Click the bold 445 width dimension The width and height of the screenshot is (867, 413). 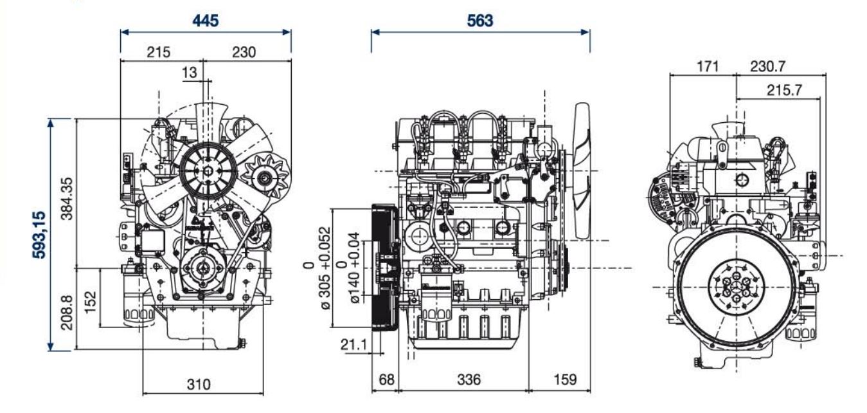(206, 20)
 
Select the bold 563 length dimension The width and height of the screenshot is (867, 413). (480, 20)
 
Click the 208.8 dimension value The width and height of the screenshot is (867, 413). (66, 309)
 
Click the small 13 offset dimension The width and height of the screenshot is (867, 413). (190, 73)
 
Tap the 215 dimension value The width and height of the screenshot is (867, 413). (158, 53)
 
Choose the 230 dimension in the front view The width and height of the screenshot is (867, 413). (243, 53)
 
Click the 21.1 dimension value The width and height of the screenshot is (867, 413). (353, 345)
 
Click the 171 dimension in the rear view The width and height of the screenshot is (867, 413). (705, 66)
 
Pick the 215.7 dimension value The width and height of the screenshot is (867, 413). (784, 90)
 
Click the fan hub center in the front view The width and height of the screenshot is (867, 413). (206, 170)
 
